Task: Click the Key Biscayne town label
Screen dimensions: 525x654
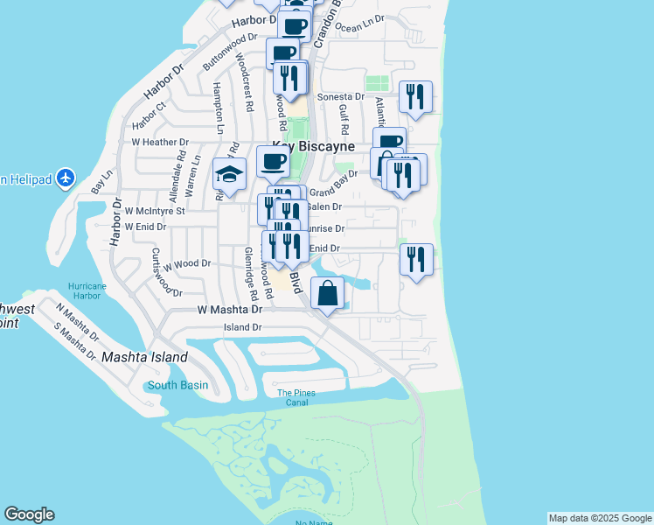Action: coord(313,147)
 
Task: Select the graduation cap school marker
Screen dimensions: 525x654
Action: coord(229,175)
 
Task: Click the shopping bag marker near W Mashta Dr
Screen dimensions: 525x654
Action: coord(327,293)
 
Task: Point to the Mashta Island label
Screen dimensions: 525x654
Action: coord(144,357)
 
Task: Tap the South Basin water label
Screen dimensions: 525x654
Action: coord(178,385)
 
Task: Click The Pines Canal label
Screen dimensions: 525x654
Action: coord(296,398)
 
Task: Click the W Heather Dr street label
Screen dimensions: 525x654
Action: coord(160,142)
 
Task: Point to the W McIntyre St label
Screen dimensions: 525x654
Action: coord(156,211)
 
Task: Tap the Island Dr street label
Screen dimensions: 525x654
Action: coord(243,327)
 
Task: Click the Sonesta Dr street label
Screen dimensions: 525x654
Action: coord(341,97)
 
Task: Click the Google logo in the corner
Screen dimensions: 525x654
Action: coord(29,514)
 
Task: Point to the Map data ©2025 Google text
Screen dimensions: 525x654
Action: coord(600,518)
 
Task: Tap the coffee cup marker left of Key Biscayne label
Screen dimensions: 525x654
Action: coord(273,162)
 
